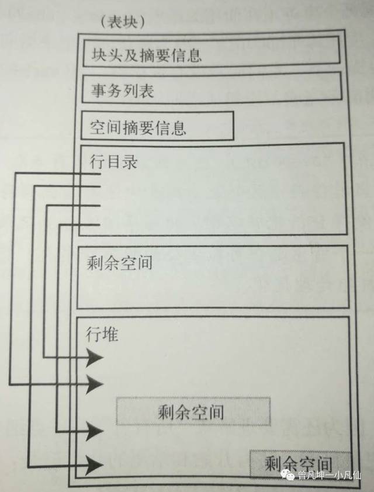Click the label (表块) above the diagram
123,22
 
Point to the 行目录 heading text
114,162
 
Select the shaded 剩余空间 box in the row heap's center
193,411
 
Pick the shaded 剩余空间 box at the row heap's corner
300,462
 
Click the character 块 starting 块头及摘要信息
97,56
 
